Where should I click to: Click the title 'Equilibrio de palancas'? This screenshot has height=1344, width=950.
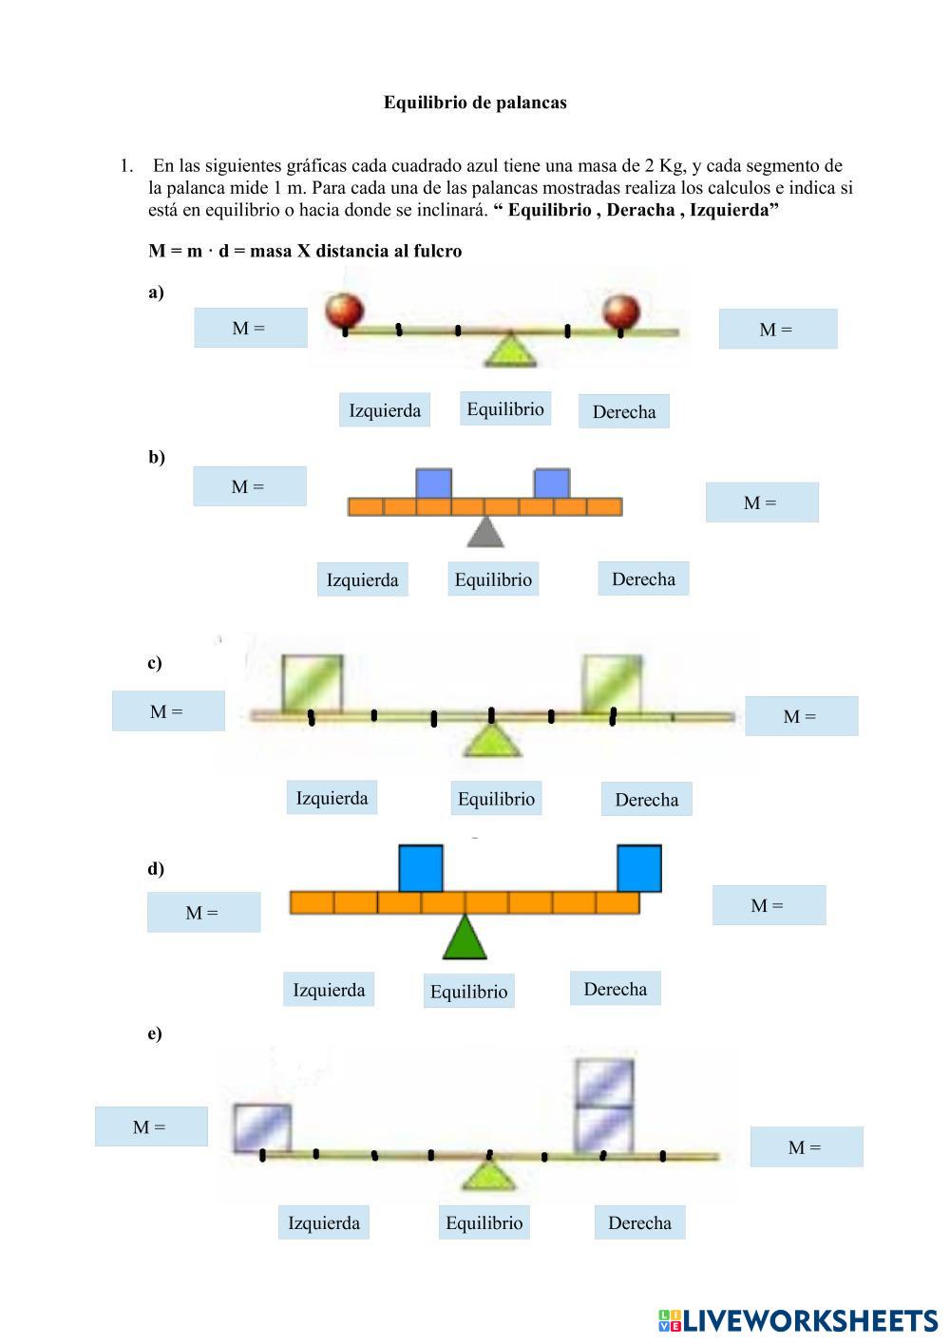click(475, 103)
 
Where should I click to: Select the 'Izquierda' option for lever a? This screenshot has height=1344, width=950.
click(385, 410)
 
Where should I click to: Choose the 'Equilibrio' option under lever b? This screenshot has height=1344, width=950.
click(493, 579)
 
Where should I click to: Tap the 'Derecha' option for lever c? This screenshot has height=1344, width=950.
click(646, 800)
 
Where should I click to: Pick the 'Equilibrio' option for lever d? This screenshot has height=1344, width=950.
click(468, 992)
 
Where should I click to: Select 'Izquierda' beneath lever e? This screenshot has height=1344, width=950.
click(324, 1222)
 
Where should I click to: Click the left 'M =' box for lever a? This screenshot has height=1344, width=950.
click(250, 329)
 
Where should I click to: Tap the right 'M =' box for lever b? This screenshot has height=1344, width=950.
click(761, 503)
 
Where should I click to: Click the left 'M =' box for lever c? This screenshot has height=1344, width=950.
click(168, 711)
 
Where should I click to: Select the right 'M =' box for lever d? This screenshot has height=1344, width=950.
click(769, 906)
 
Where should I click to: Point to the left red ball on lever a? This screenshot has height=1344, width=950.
click(345, 310)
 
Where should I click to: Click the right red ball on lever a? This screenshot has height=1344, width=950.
click(622, 311)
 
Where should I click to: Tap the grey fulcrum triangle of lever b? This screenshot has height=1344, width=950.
click(485, 532)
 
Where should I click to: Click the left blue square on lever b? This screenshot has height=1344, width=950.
click(433, 483)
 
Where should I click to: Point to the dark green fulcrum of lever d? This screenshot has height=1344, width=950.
click(465, 938)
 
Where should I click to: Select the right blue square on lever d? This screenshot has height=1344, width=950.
click(639, 868)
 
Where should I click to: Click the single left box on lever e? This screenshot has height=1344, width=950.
click(262, 1127)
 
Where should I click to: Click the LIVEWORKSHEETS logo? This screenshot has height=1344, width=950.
click(798, 1320)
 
